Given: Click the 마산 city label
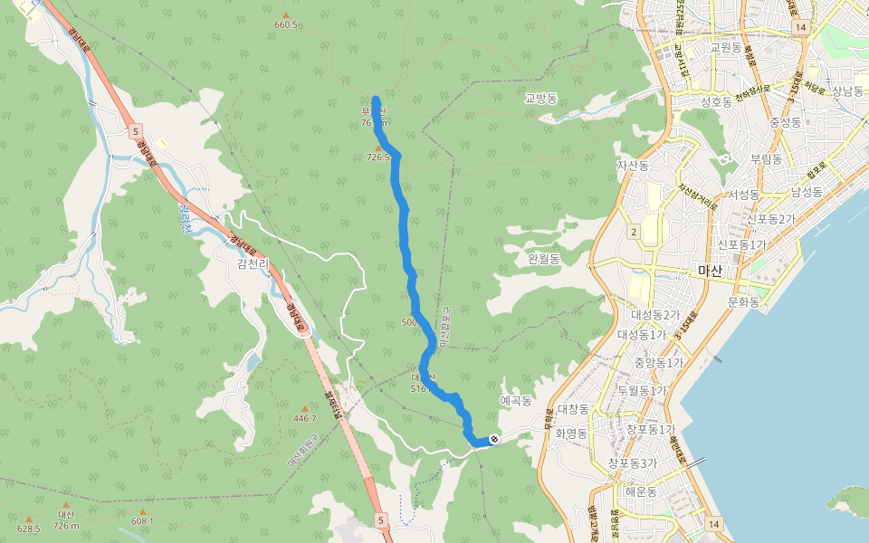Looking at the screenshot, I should click(711, 271).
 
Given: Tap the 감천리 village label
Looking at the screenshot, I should click(254, 263).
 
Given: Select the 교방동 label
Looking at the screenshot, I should click(541, 98).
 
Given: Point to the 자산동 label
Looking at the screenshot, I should click(633, 166).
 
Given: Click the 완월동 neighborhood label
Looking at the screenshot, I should click(544, 259).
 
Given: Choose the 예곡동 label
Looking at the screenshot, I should click(515, 400).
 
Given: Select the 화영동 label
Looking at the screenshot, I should click(572, 433).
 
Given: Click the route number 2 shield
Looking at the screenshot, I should click(635, 233).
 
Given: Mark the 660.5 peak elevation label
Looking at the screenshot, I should click(285, 24).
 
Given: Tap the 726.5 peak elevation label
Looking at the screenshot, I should click(378, 157).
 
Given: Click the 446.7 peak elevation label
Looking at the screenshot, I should click(305, 418).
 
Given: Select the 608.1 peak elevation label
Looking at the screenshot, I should click(142, 520).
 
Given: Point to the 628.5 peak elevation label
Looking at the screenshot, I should click(29, 529).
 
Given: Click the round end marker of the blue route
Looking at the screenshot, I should click(493, 439).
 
